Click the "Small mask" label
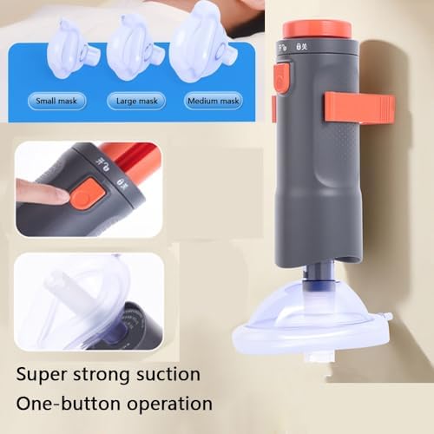coord(56,102)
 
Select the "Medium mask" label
coord(214,102)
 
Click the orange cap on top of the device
coord(317,28)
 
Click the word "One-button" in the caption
coord(66,404)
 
